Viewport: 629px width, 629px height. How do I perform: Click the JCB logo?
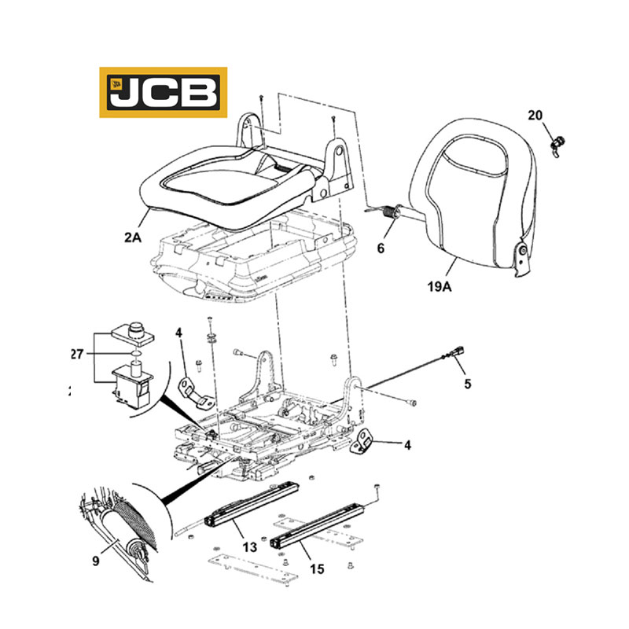(163, 92)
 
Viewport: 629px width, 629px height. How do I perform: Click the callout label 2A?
(131, 237)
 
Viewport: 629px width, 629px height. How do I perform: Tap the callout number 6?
(381, 248)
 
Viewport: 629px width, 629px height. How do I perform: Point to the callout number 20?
(535, 116)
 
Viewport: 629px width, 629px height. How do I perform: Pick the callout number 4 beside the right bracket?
(406, 444)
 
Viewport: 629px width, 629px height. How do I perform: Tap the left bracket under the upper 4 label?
(197, 392)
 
